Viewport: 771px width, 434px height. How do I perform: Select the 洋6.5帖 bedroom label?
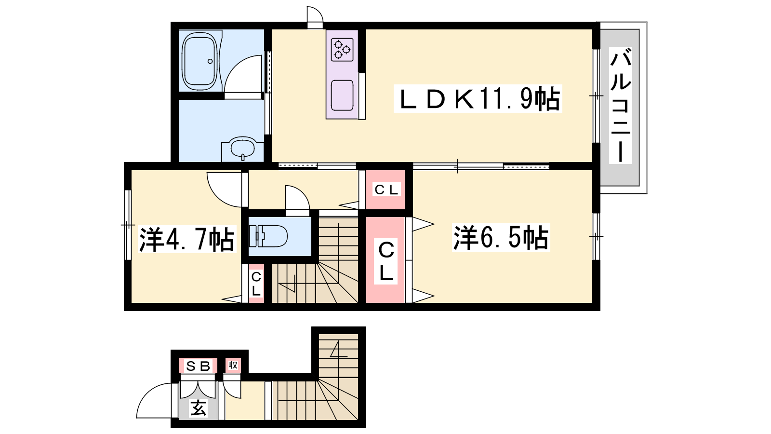(501, 237)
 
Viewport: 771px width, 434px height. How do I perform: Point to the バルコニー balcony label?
(620, 105)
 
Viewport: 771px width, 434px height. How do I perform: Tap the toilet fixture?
(268, 236)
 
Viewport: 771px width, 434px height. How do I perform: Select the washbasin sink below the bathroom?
(242, 149)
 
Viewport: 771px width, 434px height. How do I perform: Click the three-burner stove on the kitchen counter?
(342, 50)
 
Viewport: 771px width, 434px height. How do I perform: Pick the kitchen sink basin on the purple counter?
(342, 95)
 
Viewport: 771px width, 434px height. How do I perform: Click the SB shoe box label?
(198, 366)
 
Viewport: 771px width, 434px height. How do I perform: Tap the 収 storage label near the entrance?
(233, 365)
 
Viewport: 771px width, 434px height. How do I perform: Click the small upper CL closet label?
(386, 190)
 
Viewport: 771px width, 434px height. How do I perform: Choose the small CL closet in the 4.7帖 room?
(256, 284)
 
